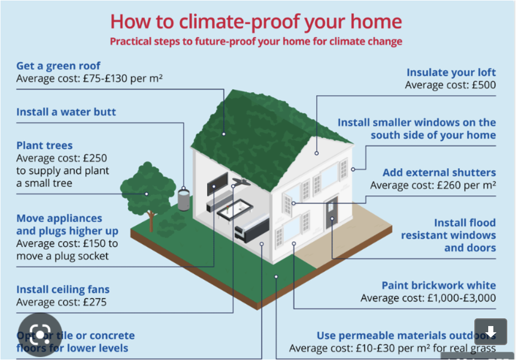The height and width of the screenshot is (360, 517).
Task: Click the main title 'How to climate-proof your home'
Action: (x=255, y=22)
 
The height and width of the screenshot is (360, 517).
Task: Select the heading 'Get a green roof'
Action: (x=58, y=66)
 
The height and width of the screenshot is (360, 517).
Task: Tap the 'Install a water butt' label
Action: (x=66, y=112)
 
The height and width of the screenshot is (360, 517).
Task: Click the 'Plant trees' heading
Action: (x=44, y=146)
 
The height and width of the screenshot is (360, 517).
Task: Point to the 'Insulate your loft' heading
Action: (x=451, y=73)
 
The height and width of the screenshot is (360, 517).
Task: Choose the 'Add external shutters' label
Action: (x=439, y=173)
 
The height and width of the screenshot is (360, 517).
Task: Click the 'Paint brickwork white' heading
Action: (x=438, y=285)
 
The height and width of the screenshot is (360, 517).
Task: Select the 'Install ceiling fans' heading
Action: (x=63, y=290)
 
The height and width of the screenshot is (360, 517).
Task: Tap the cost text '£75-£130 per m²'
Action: (x=123, y=79)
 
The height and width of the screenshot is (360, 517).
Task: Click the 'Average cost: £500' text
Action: (x=450, y=85)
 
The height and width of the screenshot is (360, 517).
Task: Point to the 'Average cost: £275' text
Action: (x=61, y=302)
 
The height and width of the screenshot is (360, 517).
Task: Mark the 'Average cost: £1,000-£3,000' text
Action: (x=428, y=298)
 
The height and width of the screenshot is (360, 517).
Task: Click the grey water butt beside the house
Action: (x=183, y=200)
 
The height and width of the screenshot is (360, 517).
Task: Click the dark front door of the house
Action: (x=331, y=211)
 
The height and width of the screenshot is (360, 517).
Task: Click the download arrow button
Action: (x=490, y=332)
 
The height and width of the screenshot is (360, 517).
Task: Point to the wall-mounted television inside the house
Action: (x=217, y=183)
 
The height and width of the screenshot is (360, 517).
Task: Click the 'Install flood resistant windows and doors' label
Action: (x=448, y=236)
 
